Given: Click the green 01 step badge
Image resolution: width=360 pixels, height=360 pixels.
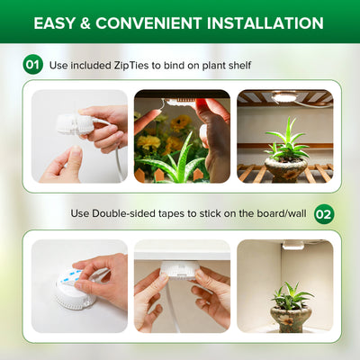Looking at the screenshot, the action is click(32, 65).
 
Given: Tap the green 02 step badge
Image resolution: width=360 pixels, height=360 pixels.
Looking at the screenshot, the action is click(324, 214).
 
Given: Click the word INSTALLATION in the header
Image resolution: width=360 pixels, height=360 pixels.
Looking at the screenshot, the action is click(265, 23).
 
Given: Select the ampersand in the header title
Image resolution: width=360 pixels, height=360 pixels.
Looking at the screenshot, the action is click(85, 23).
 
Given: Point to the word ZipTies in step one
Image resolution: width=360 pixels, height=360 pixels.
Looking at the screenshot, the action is click(131, 66).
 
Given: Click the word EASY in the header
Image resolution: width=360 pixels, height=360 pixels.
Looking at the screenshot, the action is click(54, 23).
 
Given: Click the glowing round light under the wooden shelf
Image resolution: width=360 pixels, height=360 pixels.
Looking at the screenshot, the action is click(283, 97).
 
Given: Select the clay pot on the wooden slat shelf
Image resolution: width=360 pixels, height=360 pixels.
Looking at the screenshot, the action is click(285, 170).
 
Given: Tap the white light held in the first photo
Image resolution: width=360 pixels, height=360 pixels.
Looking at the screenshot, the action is click(75, 123).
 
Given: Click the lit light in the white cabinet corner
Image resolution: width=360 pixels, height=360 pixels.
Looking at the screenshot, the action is click(292, 245).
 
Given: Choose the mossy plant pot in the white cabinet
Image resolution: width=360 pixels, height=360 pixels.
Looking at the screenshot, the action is click(291, 319).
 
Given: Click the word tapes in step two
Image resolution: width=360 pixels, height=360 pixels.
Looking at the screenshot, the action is click(171, 214).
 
